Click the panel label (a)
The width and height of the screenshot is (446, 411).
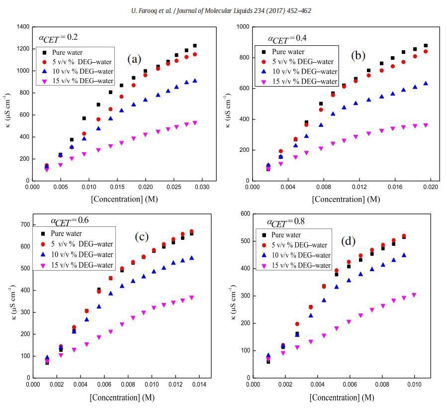[x=134, y=59]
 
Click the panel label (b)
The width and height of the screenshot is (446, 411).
[x=358, y=55]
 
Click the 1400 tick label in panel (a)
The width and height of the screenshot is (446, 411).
[x=22, y=27]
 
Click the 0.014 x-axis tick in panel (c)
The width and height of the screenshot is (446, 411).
[x=199, y=384]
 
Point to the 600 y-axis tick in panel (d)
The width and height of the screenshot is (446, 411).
[x=245, y=214]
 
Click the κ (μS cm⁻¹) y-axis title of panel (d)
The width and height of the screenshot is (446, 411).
[x=233, y=302]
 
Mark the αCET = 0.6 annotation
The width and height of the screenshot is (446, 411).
[x=70, y=220]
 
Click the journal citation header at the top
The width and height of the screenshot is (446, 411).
[x=223, y=10]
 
